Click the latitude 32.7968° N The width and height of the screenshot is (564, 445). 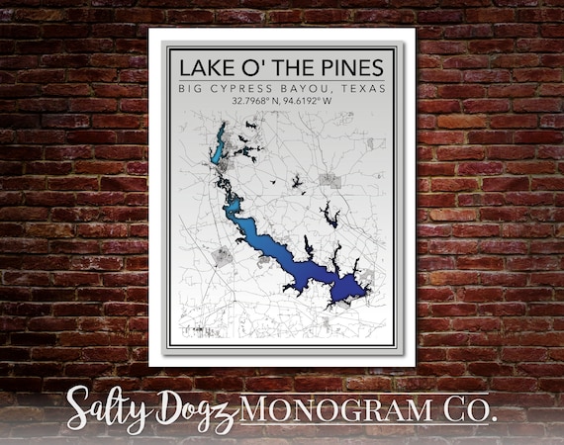tap(255, 101)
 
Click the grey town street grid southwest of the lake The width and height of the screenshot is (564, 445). tap(224, 256)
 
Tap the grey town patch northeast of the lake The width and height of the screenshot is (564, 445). tap(329, 181)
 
